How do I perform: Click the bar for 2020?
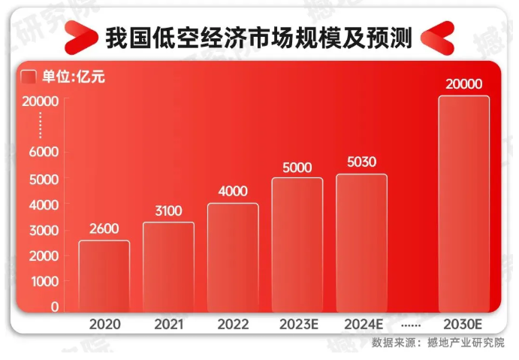[104, 276]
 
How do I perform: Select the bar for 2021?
[168, 267]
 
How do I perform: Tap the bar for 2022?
[233, 257]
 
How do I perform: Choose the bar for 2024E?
[361, 243]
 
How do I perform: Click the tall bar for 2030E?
[463, 203]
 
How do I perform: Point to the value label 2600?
[104, 230]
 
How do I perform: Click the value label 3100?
[168, 211]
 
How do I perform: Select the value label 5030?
[361, 162]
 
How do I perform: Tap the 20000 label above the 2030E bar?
[463, 84]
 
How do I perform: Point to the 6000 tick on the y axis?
[44, 152]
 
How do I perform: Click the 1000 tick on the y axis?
[44, 281]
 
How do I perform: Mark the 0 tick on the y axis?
[54, 307]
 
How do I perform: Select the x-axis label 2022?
[233, 325]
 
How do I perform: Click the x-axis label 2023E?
[297, 325]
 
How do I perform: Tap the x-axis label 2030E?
[463, 325]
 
